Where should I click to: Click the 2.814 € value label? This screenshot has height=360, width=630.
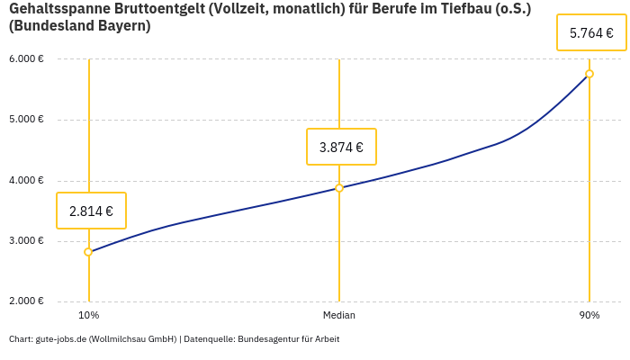pyautogui.click(x=91, y=211)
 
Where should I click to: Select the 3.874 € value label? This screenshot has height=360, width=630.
pyautogui.click(x=341, y=148)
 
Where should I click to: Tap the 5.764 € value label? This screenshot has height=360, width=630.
pyautogui.click(x=591, y=33)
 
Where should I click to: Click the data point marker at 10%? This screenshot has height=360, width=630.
pyautogui.click(x=88, y=252)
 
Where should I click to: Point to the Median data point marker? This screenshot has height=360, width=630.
pyautogui.click(x=339, y=188)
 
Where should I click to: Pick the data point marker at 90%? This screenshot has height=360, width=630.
pyautogui.click(x=589, y=74)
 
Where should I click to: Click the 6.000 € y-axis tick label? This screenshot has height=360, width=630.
pyautogui.click(x=27, y=59)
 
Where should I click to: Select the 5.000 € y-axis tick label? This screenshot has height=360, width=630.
pyautogui.click(x=27, y=120)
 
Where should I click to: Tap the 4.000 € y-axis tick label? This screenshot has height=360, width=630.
pyautogui.click(x=27, y=180)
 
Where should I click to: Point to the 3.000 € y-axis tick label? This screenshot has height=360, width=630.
pyautogui.click(x=27, y=241)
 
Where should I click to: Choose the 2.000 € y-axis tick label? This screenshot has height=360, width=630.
pyautogui.click(x=27, y=301)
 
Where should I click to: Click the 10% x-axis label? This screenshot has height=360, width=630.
pyautogui.click(x=88, y=316)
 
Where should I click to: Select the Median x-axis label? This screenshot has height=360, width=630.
pyautogui.click(x=339, y=316)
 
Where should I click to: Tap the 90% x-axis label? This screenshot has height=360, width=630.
pyautogui.click(x=589, y=316)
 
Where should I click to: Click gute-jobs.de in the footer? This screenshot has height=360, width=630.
pyautogui.click(x=60, y=339)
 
